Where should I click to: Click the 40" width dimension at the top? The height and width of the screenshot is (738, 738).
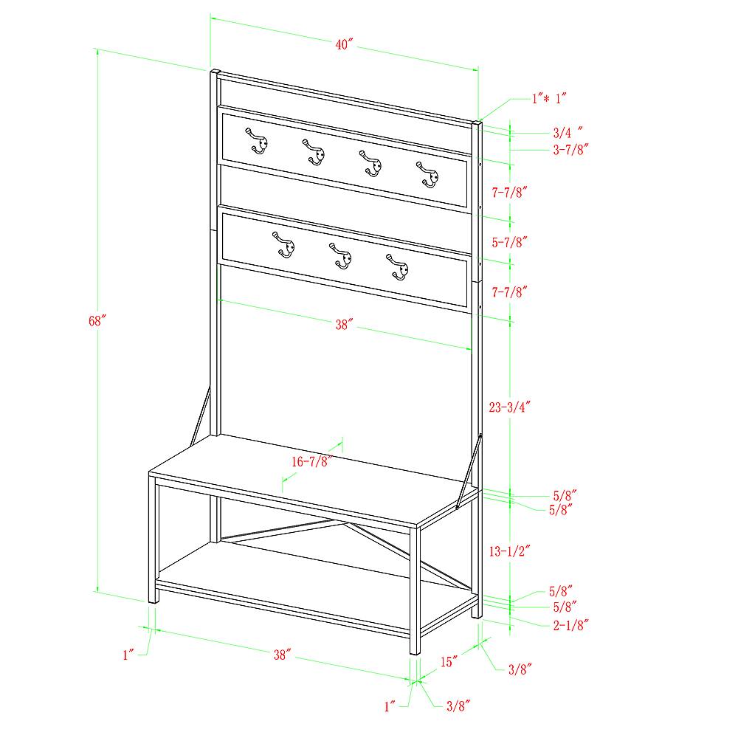click(x=344, y=44)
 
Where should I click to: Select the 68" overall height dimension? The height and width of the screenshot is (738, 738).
click(x=97, y=321)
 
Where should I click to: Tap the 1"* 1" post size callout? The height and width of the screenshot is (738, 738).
click(x=549, y=98)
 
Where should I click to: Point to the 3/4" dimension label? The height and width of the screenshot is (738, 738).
click(x=568, y=132)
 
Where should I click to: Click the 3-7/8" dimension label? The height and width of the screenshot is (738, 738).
click(x=571, y=150)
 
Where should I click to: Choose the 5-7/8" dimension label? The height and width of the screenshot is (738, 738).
click(x=510, y=242)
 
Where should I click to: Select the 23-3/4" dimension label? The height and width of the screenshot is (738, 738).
click(x=510, y=407)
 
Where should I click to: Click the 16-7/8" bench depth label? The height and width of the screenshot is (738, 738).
click(x=310, y=462)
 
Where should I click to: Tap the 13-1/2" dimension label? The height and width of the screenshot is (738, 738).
click(x=510, y=551)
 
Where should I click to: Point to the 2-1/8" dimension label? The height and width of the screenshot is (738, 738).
click(x=571, y=625)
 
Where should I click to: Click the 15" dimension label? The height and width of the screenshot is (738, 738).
click(x=449, y=662)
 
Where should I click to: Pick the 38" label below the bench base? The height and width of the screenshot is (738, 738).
click(x=283, y=655)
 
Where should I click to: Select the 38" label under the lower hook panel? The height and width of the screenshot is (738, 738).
click(x=344, y=325)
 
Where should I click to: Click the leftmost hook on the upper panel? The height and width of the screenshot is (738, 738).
click(x=257, y=141)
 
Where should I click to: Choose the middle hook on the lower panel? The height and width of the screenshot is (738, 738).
click(x=341, y=256)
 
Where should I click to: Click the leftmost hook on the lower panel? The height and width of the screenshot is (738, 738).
click(x=284, y=245)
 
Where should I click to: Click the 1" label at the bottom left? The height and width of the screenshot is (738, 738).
click(x=128, y=655)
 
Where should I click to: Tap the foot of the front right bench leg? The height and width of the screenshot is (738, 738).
click(x=415, y=652)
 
